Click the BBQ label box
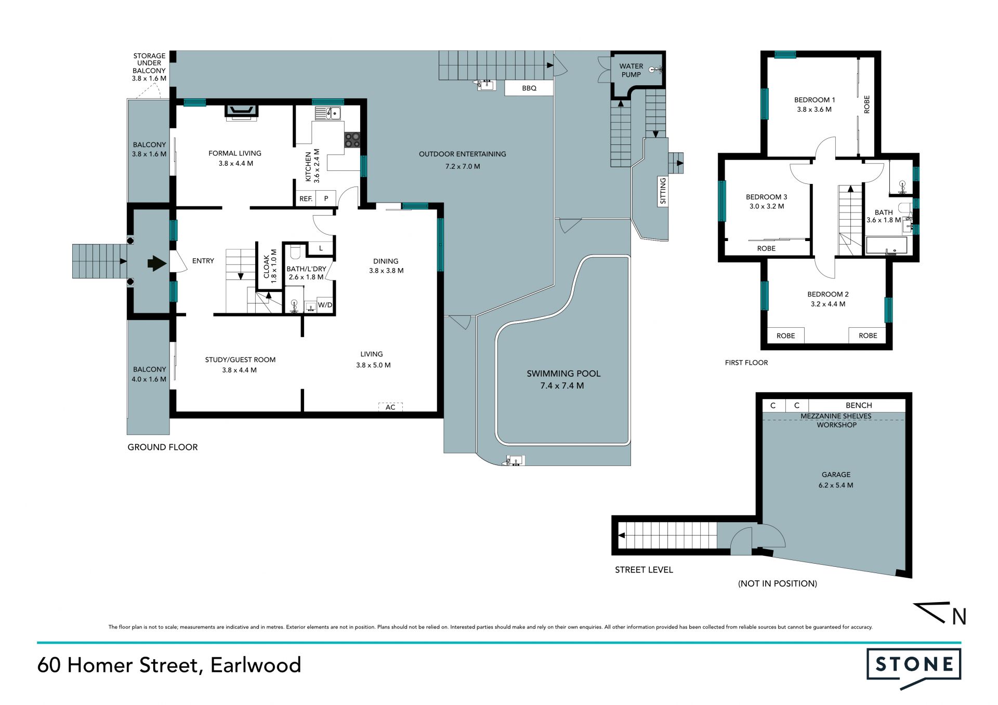point(529,88)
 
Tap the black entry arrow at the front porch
point(157,263)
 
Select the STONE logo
point(914,668)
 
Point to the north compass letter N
point(959,617)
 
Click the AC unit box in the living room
point(390,407)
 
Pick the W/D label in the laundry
point(325,305)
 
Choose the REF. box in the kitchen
point(306,198)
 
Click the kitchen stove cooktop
point(352,139)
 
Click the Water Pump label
point(631,70)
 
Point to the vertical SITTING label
point(663,191)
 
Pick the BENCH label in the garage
point(859,405)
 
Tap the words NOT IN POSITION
point(778,583)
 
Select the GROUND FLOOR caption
point(163,447)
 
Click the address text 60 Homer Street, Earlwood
point(169,666)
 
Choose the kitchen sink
point(327,113)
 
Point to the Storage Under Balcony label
point(149,67)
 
